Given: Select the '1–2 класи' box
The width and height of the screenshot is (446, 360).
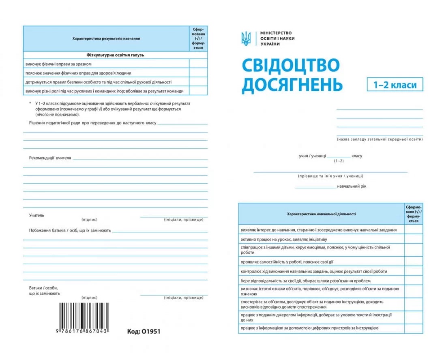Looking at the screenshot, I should coord(395,85).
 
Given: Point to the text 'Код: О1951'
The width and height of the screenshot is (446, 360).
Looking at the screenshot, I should coord(144,331).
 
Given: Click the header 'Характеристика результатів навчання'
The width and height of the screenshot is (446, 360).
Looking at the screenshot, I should coord(106,39).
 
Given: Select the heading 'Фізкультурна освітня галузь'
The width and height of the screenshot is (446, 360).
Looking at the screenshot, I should coord(116,55).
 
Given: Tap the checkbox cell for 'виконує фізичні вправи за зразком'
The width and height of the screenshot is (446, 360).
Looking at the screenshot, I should coord(198,64).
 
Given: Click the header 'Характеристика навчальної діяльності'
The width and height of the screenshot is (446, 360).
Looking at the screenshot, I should coord(321,214).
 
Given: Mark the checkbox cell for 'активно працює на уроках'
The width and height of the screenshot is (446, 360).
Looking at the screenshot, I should coord(413,240).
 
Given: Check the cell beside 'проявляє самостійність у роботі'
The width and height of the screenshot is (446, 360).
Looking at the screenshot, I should coord(413,262).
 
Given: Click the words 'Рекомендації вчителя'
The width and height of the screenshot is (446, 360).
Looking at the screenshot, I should coord(50,158).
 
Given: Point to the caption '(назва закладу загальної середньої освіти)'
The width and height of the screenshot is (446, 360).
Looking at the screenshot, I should coord(380,139).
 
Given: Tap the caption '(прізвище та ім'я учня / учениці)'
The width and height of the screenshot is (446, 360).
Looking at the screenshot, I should coord(330,176).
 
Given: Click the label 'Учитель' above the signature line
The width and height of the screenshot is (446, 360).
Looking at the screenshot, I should coord(37,215).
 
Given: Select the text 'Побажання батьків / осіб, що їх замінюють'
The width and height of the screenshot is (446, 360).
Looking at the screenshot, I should coord(70,230).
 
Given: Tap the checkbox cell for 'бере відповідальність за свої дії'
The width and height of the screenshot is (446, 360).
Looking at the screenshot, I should coord(413,281).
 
